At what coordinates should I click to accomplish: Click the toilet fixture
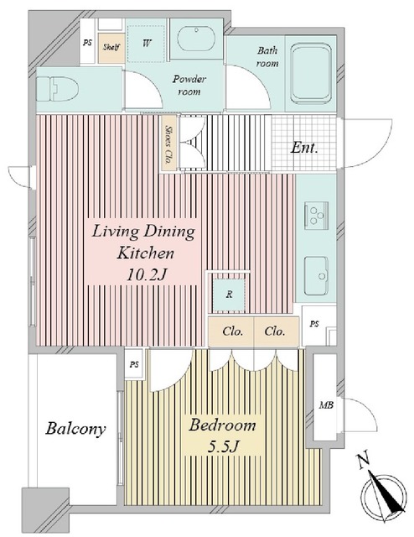tap(57, 88)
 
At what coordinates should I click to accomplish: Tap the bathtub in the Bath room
tap(311, 73)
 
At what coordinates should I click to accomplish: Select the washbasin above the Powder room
tap(197, 39)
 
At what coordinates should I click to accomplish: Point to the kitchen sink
tap(317, 275)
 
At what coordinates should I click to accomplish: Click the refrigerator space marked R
tap(229, 295)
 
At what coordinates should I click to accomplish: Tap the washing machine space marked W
tap(147, 44)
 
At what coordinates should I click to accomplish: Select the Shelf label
tap(111, 47)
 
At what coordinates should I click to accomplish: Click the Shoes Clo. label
tap(169, 143)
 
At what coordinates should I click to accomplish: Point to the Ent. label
tap(304, 148)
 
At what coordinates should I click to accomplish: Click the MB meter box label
tap(326, 405)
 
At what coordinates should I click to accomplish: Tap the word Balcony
tap(75, 430)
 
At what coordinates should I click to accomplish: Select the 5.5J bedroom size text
tap(223, 446)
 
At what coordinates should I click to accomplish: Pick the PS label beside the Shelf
tap(88, 43)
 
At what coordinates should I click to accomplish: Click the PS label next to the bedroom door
tap(134, 365)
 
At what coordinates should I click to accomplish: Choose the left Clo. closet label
tap(233, 331)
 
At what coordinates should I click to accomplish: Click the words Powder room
tap(189, 86)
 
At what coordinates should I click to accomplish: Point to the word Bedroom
tap(222, 425)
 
